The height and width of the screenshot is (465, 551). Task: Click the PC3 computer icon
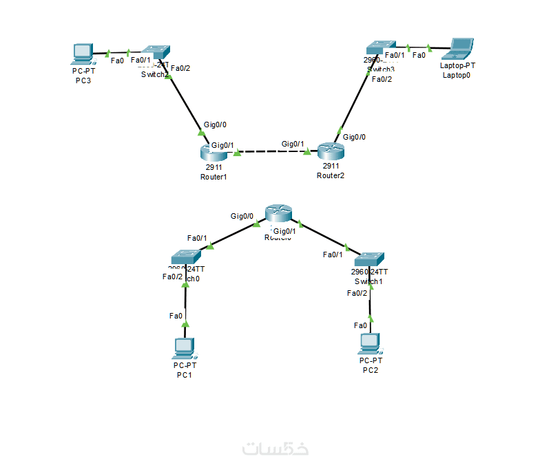[x=83, y=53]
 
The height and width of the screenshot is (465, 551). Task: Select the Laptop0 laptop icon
[x=460, y=47]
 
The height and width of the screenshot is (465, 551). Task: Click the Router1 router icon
[x=214, y=153]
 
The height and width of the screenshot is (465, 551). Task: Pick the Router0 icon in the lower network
[x=278, y=214]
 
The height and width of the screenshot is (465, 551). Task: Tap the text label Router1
[x=214, y=177]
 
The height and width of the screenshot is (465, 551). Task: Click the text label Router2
[x=330, y=175]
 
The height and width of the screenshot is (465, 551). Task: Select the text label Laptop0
[x=457, y=75]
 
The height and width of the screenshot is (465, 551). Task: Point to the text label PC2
[x=371, y=370]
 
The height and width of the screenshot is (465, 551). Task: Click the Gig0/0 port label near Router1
[x=215, y=125]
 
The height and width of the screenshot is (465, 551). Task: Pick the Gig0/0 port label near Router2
[x=355, y=137]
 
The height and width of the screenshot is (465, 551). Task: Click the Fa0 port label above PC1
[x=176, y=316]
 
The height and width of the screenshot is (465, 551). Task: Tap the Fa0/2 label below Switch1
[x=357, y=293]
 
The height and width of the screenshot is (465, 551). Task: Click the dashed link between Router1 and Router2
[x=272, y=151]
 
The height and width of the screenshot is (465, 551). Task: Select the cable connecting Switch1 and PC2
[x=371, y=303]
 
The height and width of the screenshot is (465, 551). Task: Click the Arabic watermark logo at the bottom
[x=275, y=448]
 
